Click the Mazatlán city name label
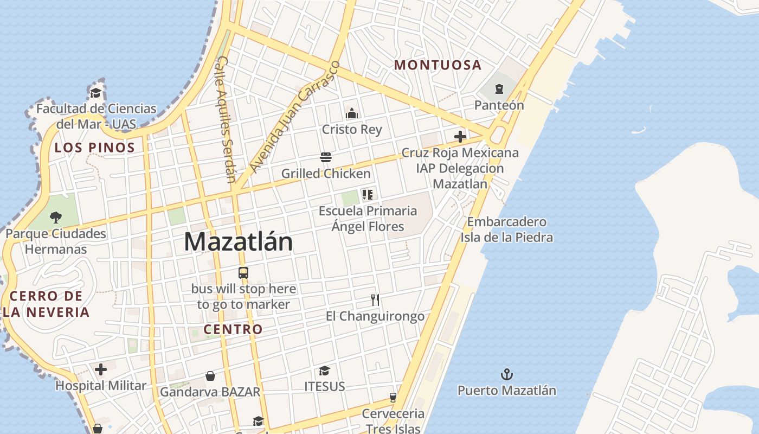[238, 242]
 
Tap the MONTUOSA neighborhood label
[438, 65]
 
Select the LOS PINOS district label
[95, 148]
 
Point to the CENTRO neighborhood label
[233, 329]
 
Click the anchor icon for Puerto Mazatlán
[506, 374]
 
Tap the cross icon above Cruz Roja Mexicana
[460, 137]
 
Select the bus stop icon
[243, 273]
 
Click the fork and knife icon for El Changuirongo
[375, 299]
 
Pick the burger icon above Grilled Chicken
[326, 157]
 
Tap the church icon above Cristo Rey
[352, 113]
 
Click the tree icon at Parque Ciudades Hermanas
[55, 218]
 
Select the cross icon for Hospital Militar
[101, 370]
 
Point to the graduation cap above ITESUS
[324, 371]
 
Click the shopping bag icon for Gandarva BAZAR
[210, 376]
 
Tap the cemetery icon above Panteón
[499, 89]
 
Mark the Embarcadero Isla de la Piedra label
[506, 229]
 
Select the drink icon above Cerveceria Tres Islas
[393, 398]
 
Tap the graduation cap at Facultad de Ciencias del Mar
[96, 93]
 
